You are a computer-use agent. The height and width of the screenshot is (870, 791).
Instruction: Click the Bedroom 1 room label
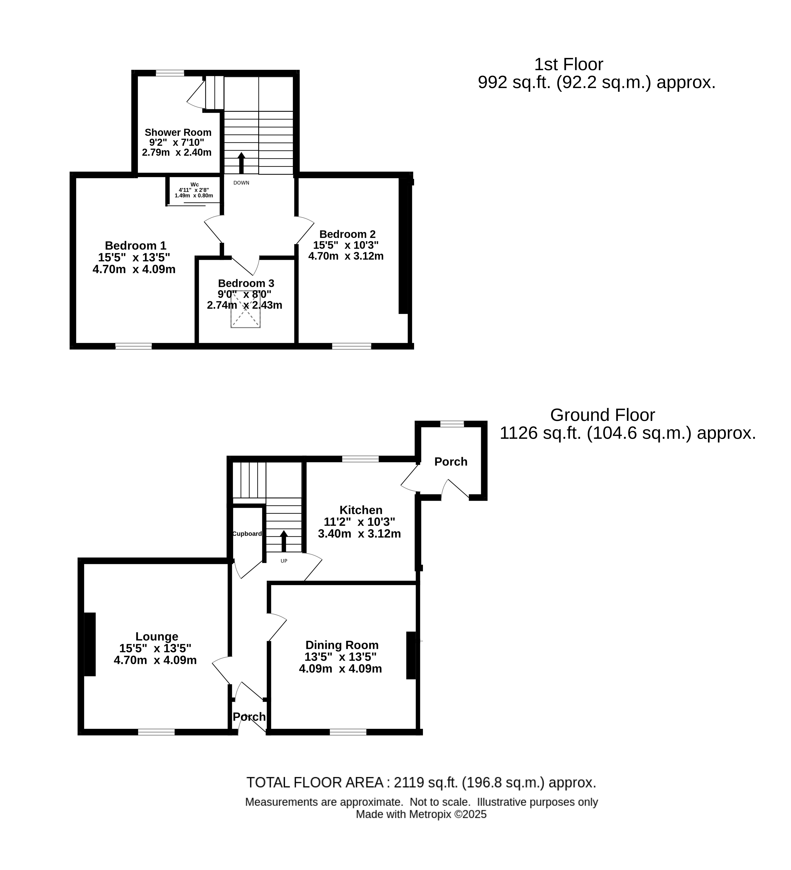135,245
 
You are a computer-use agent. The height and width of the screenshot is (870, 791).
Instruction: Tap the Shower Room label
178,132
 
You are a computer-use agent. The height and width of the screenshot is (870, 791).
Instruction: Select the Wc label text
194,184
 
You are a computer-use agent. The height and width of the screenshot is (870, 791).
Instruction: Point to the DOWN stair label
241,183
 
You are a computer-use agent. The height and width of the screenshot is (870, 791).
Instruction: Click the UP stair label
284,561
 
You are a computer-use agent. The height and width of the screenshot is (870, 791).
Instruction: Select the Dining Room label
342,645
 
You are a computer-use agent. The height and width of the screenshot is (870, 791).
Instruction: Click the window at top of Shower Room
170,73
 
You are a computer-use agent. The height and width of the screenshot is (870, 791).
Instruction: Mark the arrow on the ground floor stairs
284,541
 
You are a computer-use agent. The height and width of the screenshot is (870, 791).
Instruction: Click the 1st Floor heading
569,64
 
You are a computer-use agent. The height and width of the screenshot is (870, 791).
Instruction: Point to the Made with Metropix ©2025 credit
421,814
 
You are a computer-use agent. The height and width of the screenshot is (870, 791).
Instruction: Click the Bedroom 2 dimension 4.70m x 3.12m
346,256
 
